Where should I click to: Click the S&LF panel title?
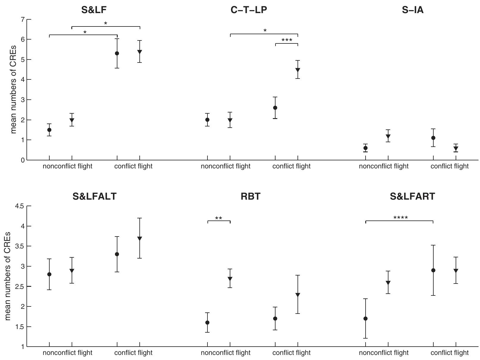[x=94, y=10]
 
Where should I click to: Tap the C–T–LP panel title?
[x=249, y=10]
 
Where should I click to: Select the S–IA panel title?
[x=413, y=10]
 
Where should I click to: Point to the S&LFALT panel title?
[x=95, y=196]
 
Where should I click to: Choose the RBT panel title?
[x=251, y=196]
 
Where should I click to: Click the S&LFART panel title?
[x=413, y=196]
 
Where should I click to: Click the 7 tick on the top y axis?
[x=22, y=19]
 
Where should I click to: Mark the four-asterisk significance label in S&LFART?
[x=400, y=218]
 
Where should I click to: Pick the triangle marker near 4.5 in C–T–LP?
[x=298, y=70]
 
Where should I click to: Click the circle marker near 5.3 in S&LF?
[x=117, y=54]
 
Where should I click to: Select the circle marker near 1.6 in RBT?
[x=207, y=323]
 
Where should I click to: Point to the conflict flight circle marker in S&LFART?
[x=433, y=270]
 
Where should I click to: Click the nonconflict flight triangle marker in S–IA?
[x=388, y=137]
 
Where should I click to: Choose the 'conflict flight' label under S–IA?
[x=449, y=166]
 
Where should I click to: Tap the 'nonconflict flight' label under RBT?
[x=226, y=353]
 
